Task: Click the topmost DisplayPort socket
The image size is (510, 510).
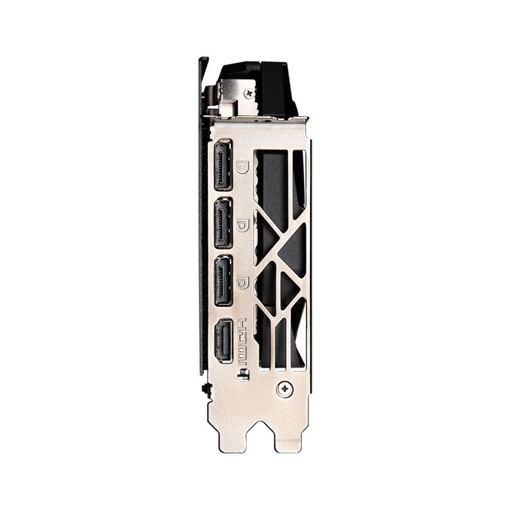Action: coord(223,165)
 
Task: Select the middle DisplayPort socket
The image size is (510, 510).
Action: coord(223,223)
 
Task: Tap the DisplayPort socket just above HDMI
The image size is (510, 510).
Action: coord(223,281)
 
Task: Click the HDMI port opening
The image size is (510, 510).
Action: coord(223,341)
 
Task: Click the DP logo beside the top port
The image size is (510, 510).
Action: coord(242,167)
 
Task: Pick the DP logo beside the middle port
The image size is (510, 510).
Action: coord(242,225)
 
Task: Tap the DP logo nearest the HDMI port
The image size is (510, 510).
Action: coord(242,283)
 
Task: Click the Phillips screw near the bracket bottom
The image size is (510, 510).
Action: coord(284,389)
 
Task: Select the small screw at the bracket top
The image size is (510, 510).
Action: coord(249,94)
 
